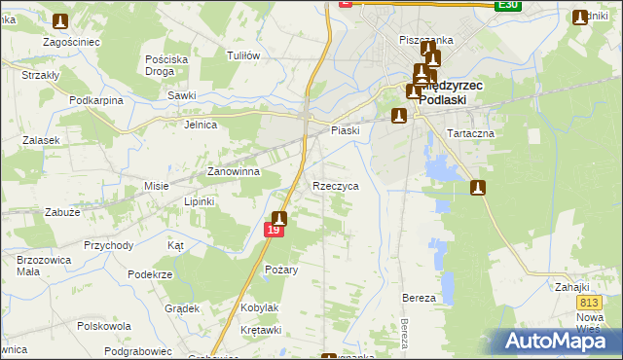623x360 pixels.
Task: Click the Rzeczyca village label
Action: click(x=336, y=185)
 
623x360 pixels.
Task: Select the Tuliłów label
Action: click(x=242, y=55)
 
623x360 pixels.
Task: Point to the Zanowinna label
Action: click(x=233, y=172)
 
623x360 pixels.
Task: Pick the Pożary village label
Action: click(x=281, y=269)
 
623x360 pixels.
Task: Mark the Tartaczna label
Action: click(x=470, y=132)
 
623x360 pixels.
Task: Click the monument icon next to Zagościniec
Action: click(x=60, y=21)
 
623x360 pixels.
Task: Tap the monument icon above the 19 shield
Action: click(x=279, y=219)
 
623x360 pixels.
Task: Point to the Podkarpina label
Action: click(x=95, y=100)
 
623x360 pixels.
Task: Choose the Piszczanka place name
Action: click(x=426, y=40)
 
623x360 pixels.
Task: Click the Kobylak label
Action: click(x=260, y=307)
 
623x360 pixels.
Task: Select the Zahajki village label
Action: click(x=573, y=287)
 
